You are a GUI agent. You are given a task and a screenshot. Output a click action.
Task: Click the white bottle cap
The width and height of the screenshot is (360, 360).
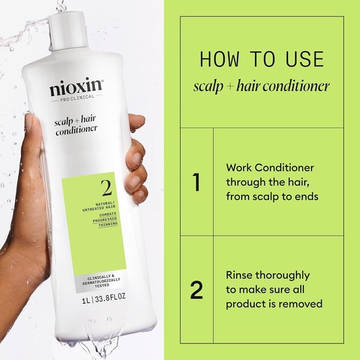71,22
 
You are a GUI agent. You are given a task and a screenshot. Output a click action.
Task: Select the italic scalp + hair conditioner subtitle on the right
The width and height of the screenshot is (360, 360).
261,86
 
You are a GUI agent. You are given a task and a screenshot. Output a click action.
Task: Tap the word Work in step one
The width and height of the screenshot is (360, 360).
238,166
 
